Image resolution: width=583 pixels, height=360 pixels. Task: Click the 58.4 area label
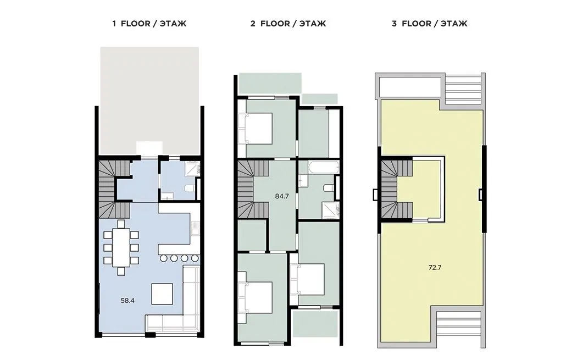click(x=127, y=301)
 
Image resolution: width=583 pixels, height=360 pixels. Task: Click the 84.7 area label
click(x=282, y=196)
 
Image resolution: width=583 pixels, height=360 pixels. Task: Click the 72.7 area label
click(x=435, y=267)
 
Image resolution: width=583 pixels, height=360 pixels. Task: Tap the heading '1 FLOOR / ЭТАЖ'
click(x=149, y=24)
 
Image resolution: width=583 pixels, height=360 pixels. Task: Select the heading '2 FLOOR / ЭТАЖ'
click(x=288, y=24)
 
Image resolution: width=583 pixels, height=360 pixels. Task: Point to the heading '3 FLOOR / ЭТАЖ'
click(x=430, y=24)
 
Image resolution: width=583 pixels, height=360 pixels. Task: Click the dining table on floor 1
click(x=121, y=247)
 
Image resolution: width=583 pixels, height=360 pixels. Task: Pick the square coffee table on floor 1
click(x=162, y=294)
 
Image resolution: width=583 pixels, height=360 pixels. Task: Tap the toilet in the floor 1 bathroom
click(x=190, y=188)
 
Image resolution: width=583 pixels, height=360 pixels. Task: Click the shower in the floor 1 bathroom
click(x=193, y=169)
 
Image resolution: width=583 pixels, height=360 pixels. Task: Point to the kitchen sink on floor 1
click(x=195, y=228)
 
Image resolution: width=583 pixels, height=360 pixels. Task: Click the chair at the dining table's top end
click(x=121, y=224)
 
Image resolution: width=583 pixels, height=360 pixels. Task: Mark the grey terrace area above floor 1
click(x=149, y=101)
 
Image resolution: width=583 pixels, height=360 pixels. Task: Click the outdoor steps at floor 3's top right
click(x=463, y=90)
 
